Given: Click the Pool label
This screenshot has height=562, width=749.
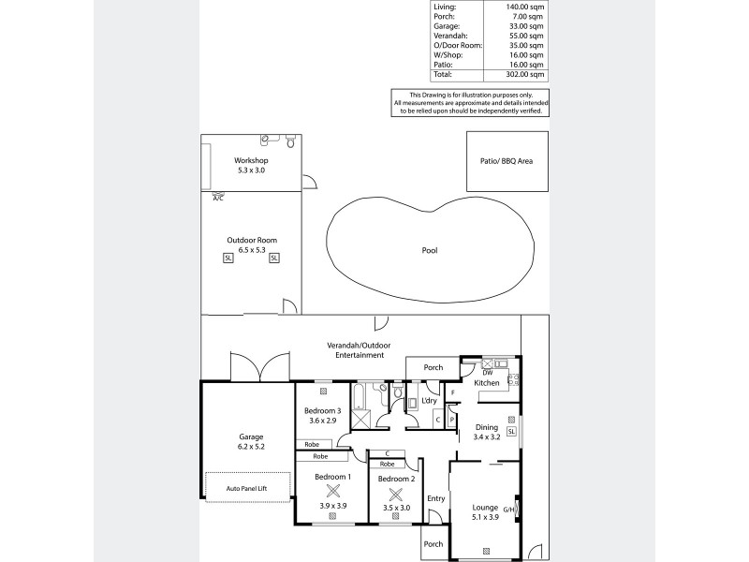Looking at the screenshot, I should coord(430,250).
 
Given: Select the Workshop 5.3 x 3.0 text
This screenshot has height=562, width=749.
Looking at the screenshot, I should coord(251,166).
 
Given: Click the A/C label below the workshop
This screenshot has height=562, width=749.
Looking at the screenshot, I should coord(218,199).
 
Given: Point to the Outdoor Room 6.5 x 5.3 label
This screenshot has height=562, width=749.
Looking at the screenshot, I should coord(251,245).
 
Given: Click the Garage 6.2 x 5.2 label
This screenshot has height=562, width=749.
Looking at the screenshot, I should coord(250,442).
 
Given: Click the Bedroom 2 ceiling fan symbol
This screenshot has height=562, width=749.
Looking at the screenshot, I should coord(395,494).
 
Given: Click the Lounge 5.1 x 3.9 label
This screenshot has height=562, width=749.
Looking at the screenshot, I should coord(484,514).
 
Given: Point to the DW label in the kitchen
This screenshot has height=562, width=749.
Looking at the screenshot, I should coord(475,373).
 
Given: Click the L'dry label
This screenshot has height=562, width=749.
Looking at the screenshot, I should coord(430,401).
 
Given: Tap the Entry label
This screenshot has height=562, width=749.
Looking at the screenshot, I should coord(435,498).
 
